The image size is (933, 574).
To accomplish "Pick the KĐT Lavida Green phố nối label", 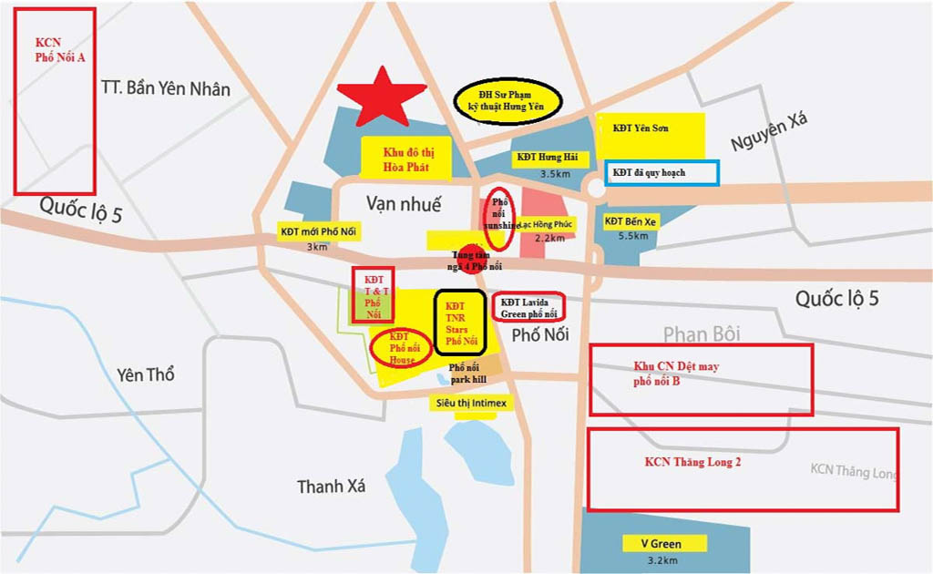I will tap(528, 307).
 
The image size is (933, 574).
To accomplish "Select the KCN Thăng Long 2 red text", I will tap(692, 462).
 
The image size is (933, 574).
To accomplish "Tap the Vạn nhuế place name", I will tap(404, 202).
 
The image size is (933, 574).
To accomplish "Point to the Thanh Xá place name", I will tap(331, 487).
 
